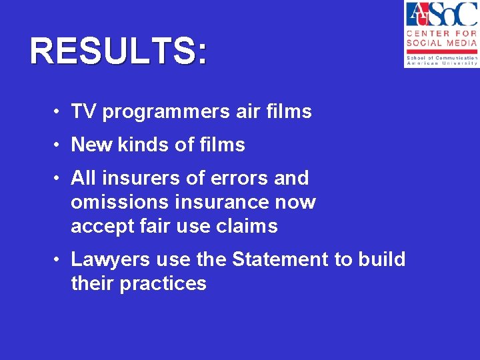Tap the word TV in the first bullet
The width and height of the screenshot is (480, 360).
point(83,111)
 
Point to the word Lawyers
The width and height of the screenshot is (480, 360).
point(105,259)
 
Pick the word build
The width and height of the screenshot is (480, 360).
point(381,259)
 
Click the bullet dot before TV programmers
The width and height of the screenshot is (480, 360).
point(59,112)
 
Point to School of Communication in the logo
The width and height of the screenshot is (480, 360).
point(441,58)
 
